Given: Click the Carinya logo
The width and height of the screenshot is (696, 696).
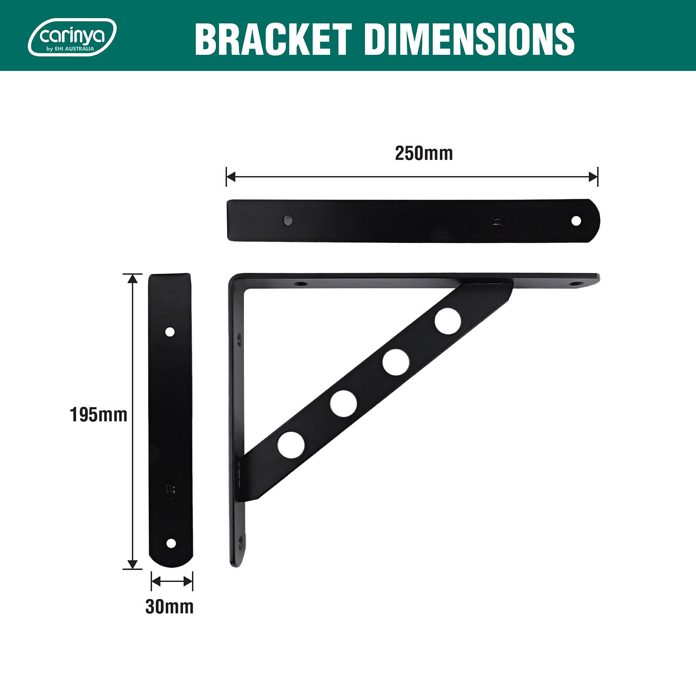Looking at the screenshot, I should point(72,37).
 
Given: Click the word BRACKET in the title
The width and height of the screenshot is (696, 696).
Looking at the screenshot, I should point(273,39).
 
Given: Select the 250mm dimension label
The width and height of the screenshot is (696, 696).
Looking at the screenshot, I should point(424,153).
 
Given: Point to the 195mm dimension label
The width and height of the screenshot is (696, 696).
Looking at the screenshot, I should point(98,415).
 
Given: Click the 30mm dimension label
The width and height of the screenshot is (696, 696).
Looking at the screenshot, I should point(169,606).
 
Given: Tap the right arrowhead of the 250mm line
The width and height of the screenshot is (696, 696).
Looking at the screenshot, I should point(593,177).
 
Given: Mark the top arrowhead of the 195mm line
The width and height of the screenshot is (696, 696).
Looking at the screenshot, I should point(133,278).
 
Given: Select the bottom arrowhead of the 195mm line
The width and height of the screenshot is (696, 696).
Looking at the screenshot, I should point(133,564).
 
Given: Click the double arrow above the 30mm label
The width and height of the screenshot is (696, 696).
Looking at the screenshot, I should point(171,581).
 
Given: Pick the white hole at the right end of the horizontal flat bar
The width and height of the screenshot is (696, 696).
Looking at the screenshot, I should point(576,221).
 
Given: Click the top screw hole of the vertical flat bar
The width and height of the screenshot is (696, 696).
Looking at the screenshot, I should point(170,332).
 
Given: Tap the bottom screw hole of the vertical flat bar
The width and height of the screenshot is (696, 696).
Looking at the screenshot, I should point(171,543).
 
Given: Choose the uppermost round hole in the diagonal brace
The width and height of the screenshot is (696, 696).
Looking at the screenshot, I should point(448,321).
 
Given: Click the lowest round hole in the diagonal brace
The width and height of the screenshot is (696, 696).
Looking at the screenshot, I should point(291,445).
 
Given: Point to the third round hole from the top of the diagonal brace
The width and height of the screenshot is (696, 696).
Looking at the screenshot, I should point(343,403).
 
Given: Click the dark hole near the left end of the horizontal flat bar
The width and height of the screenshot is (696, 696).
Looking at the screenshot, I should point(287,220).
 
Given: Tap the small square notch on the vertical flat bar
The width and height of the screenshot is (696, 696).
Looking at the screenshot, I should point(171,489).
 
